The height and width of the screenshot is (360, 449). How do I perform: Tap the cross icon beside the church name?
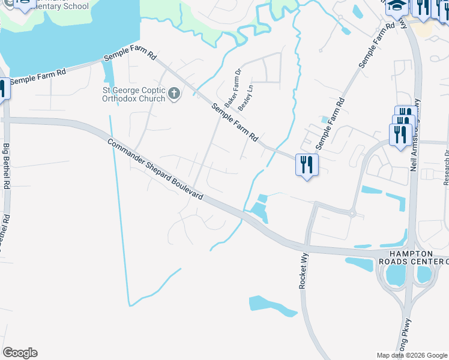(174, 94)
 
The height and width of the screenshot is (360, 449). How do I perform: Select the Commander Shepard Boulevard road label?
(155, 169)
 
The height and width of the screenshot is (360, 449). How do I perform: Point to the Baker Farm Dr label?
(232, 88)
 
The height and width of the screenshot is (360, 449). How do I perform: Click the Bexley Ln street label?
(246, 96)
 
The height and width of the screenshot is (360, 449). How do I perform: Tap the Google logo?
(20, 353)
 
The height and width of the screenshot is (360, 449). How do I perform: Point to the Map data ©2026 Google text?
(411, 355)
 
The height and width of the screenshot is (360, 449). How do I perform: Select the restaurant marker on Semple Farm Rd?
(307, 164)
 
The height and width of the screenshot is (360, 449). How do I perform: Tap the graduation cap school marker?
(396, 7)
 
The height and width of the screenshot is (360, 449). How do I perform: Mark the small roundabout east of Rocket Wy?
(352, 212)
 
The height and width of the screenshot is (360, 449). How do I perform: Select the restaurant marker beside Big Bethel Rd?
(2, 89)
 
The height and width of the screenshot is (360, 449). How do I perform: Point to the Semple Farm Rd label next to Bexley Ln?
(235, 122)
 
